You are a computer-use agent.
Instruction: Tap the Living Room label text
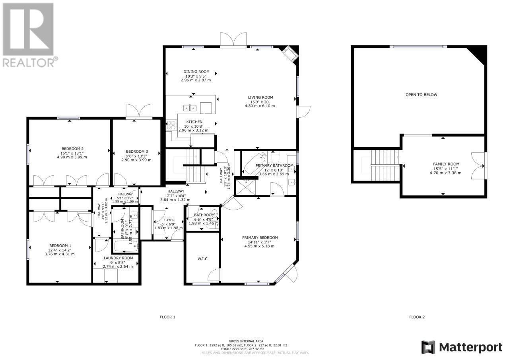[x=260, y=97]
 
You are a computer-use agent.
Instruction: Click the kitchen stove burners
[x=171, y=125]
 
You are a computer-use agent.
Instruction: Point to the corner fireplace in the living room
[x=289, y=54]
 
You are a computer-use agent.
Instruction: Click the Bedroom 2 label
[x=72, y=148]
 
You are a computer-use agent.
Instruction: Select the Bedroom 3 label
[x=137, y=152]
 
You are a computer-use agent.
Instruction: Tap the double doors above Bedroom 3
[x=139, y=111]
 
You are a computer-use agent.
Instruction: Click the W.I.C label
[x=202, y=259]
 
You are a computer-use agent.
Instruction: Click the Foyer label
[x=169, y=220]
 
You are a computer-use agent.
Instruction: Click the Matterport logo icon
[x=428, y=347]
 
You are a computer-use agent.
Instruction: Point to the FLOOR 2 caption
[x=417, y=317]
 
